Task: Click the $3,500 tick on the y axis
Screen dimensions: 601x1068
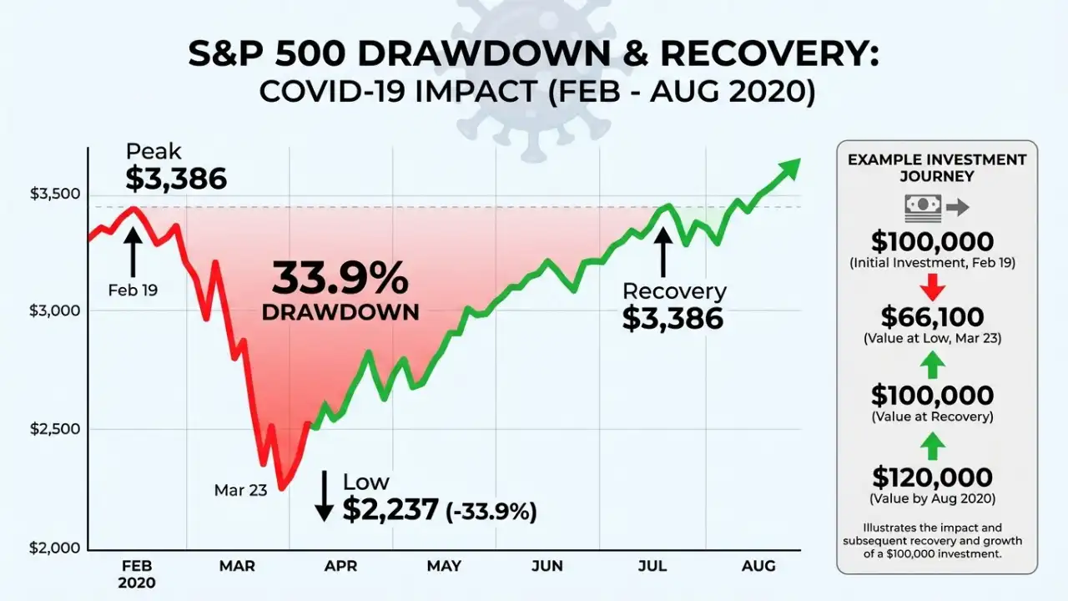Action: click(x=54, y=194)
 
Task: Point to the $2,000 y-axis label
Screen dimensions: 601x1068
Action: click(x=54, y=548)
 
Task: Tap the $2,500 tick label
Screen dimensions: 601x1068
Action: click(x=54, y=430)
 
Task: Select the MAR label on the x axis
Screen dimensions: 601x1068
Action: click(x=237, y=567)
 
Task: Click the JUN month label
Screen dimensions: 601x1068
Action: click(x=547, y=567)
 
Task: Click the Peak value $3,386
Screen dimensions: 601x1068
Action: click(x=176, y=179)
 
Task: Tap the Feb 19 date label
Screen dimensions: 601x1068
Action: click(x=133, y=290)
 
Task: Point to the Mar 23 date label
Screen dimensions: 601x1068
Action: click(x=240, y=490)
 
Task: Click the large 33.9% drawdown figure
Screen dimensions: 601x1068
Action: click(x=340, y=279)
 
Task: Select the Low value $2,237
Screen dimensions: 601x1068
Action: click(x=390, y=509)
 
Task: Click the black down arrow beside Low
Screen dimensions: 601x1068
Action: click(x=324, y=497)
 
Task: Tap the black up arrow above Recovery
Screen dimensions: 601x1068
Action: click(x=663, y=251)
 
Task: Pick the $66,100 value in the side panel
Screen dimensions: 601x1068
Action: click(x=932, y=317)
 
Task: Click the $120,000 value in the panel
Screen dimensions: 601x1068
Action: click(x=932, y=477)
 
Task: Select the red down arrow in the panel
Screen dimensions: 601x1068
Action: click(x=932, y=288)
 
